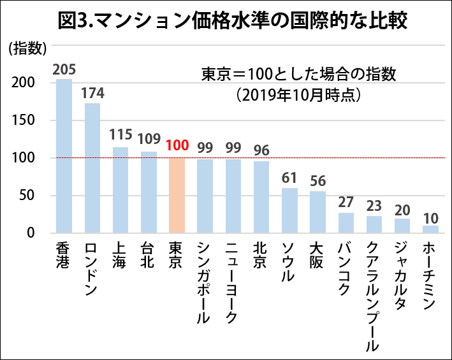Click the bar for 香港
64,156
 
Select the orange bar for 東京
177,196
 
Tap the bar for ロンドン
92,168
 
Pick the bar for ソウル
289,210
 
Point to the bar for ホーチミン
430,229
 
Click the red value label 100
177,145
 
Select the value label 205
64,68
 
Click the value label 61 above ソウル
289,176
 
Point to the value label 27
346,202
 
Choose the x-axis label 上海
120,255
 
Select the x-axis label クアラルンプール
374,296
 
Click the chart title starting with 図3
226,20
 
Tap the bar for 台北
149,192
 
